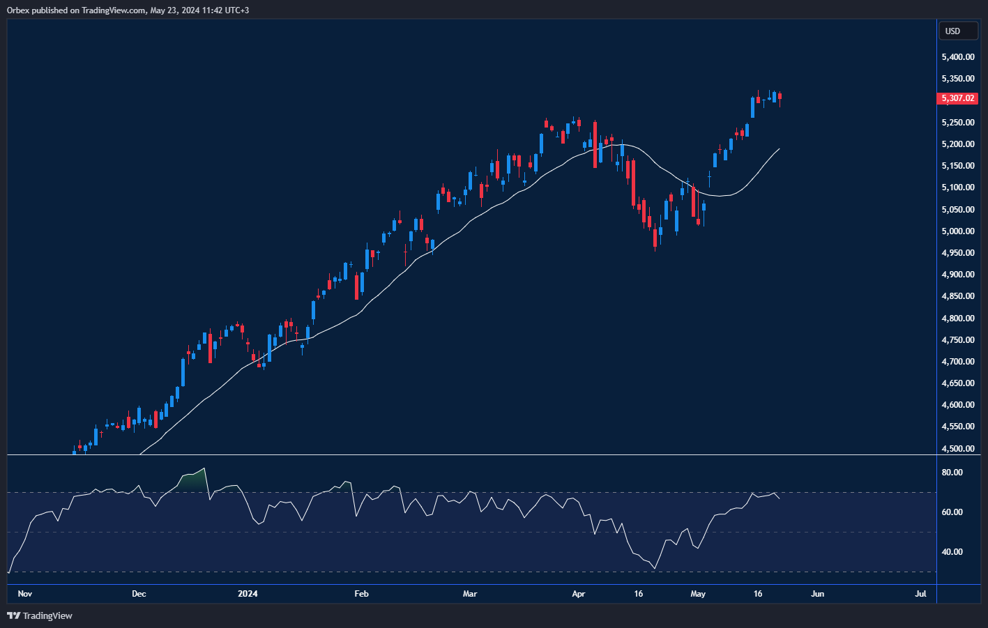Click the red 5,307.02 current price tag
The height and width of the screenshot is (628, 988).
click(957, 98)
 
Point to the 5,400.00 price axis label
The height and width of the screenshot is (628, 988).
click(957, 57)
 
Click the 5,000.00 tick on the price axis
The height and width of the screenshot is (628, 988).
click(957, 231)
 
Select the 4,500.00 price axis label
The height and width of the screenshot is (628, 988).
click(957, 449)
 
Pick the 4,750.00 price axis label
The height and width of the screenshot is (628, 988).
click(957, 340)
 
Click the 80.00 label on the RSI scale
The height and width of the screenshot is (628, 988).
click(952, 473)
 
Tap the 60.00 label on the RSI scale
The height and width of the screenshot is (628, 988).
click(952, 512)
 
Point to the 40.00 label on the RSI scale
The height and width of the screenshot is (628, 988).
click(952, 552)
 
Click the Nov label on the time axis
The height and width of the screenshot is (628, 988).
click(25, 594)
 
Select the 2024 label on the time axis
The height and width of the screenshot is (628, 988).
click(248, 594)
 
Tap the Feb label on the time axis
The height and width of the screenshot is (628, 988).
click(361, 594)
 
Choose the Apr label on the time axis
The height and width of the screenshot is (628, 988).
click(578, 594)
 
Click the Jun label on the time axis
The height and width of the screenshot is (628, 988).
click(817, 594)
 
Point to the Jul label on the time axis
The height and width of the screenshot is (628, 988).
click(920, 594)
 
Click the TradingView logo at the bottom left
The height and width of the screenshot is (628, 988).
click(40, 615)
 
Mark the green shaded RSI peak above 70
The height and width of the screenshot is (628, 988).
click(195, 480)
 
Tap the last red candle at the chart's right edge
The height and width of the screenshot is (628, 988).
click(780, 97)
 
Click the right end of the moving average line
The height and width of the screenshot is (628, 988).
click(779, 148)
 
